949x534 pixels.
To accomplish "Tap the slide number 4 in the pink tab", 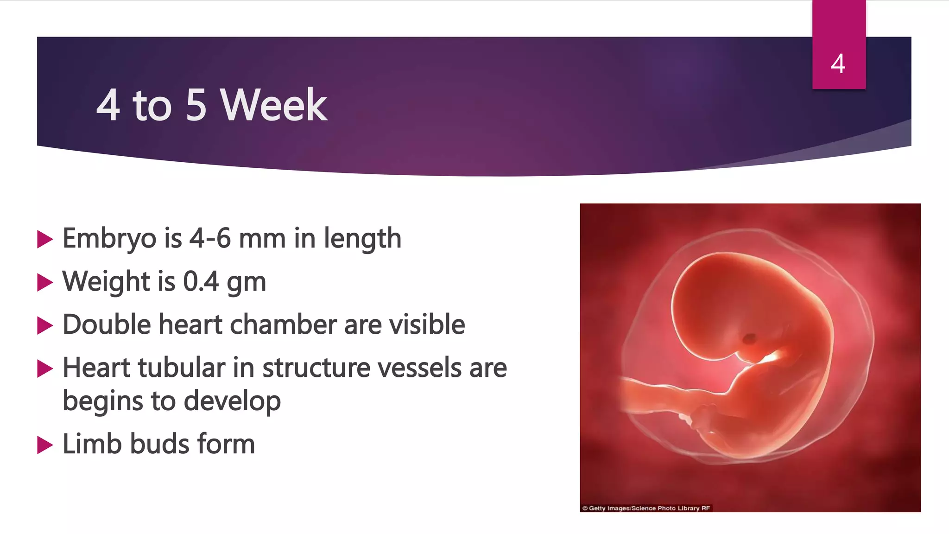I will [x=838, y=64].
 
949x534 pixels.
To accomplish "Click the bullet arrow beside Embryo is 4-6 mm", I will [x=44, y=239].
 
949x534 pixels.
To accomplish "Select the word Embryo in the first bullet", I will [x=109, y=239].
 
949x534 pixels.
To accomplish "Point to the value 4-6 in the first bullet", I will [x=210, y=238].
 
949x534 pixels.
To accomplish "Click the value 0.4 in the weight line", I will [x=201, y=281].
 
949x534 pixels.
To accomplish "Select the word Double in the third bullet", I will [x=107, y=324].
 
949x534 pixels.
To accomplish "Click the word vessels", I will [x=420, y=368].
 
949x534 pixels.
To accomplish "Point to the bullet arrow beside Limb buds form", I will [x=44, y=445].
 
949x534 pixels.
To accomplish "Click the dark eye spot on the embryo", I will [x=748, y=339].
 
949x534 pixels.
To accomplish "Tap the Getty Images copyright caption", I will [x=646, y=508].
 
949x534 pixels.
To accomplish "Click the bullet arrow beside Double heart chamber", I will [x=44, y=325].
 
